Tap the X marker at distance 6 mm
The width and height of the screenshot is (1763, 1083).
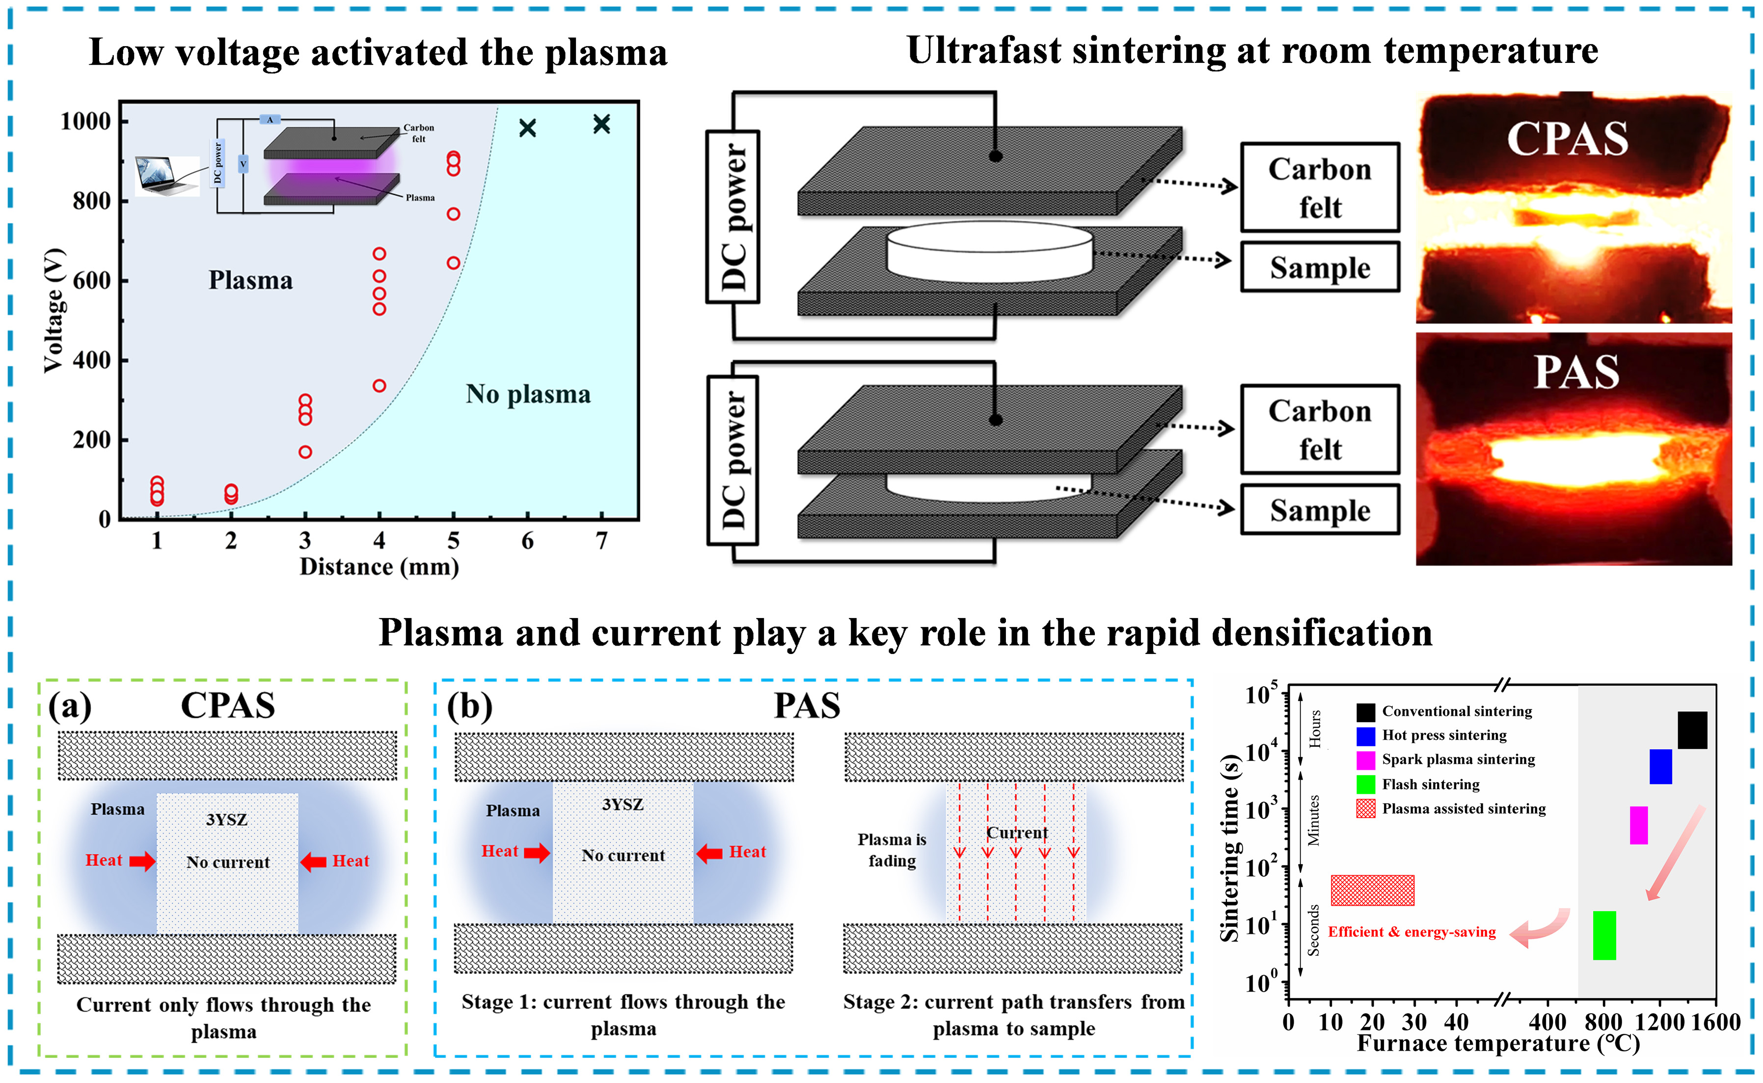pos(528,128)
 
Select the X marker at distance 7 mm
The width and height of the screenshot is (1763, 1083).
pos(601,124)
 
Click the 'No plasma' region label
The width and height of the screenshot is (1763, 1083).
pos(528,394)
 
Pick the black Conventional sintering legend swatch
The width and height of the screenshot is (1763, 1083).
pos(1365,711)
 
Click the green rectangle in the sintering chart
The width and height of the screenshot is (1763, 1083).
pos(1604,935)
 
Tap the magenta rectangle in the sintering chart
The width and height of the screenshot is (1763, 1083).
pos(1638,825)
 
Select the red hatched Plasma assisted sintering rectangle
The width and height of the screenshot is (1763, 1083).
pos(1372,891)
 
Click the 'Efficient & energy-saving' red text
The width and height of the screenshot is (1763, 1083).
pos(1411,932)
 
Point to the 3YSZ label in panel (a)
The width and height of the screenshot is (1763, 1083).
pos(226,819)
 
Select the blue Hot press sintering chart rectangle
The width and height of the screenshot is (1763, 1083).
pos(1660,766)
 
